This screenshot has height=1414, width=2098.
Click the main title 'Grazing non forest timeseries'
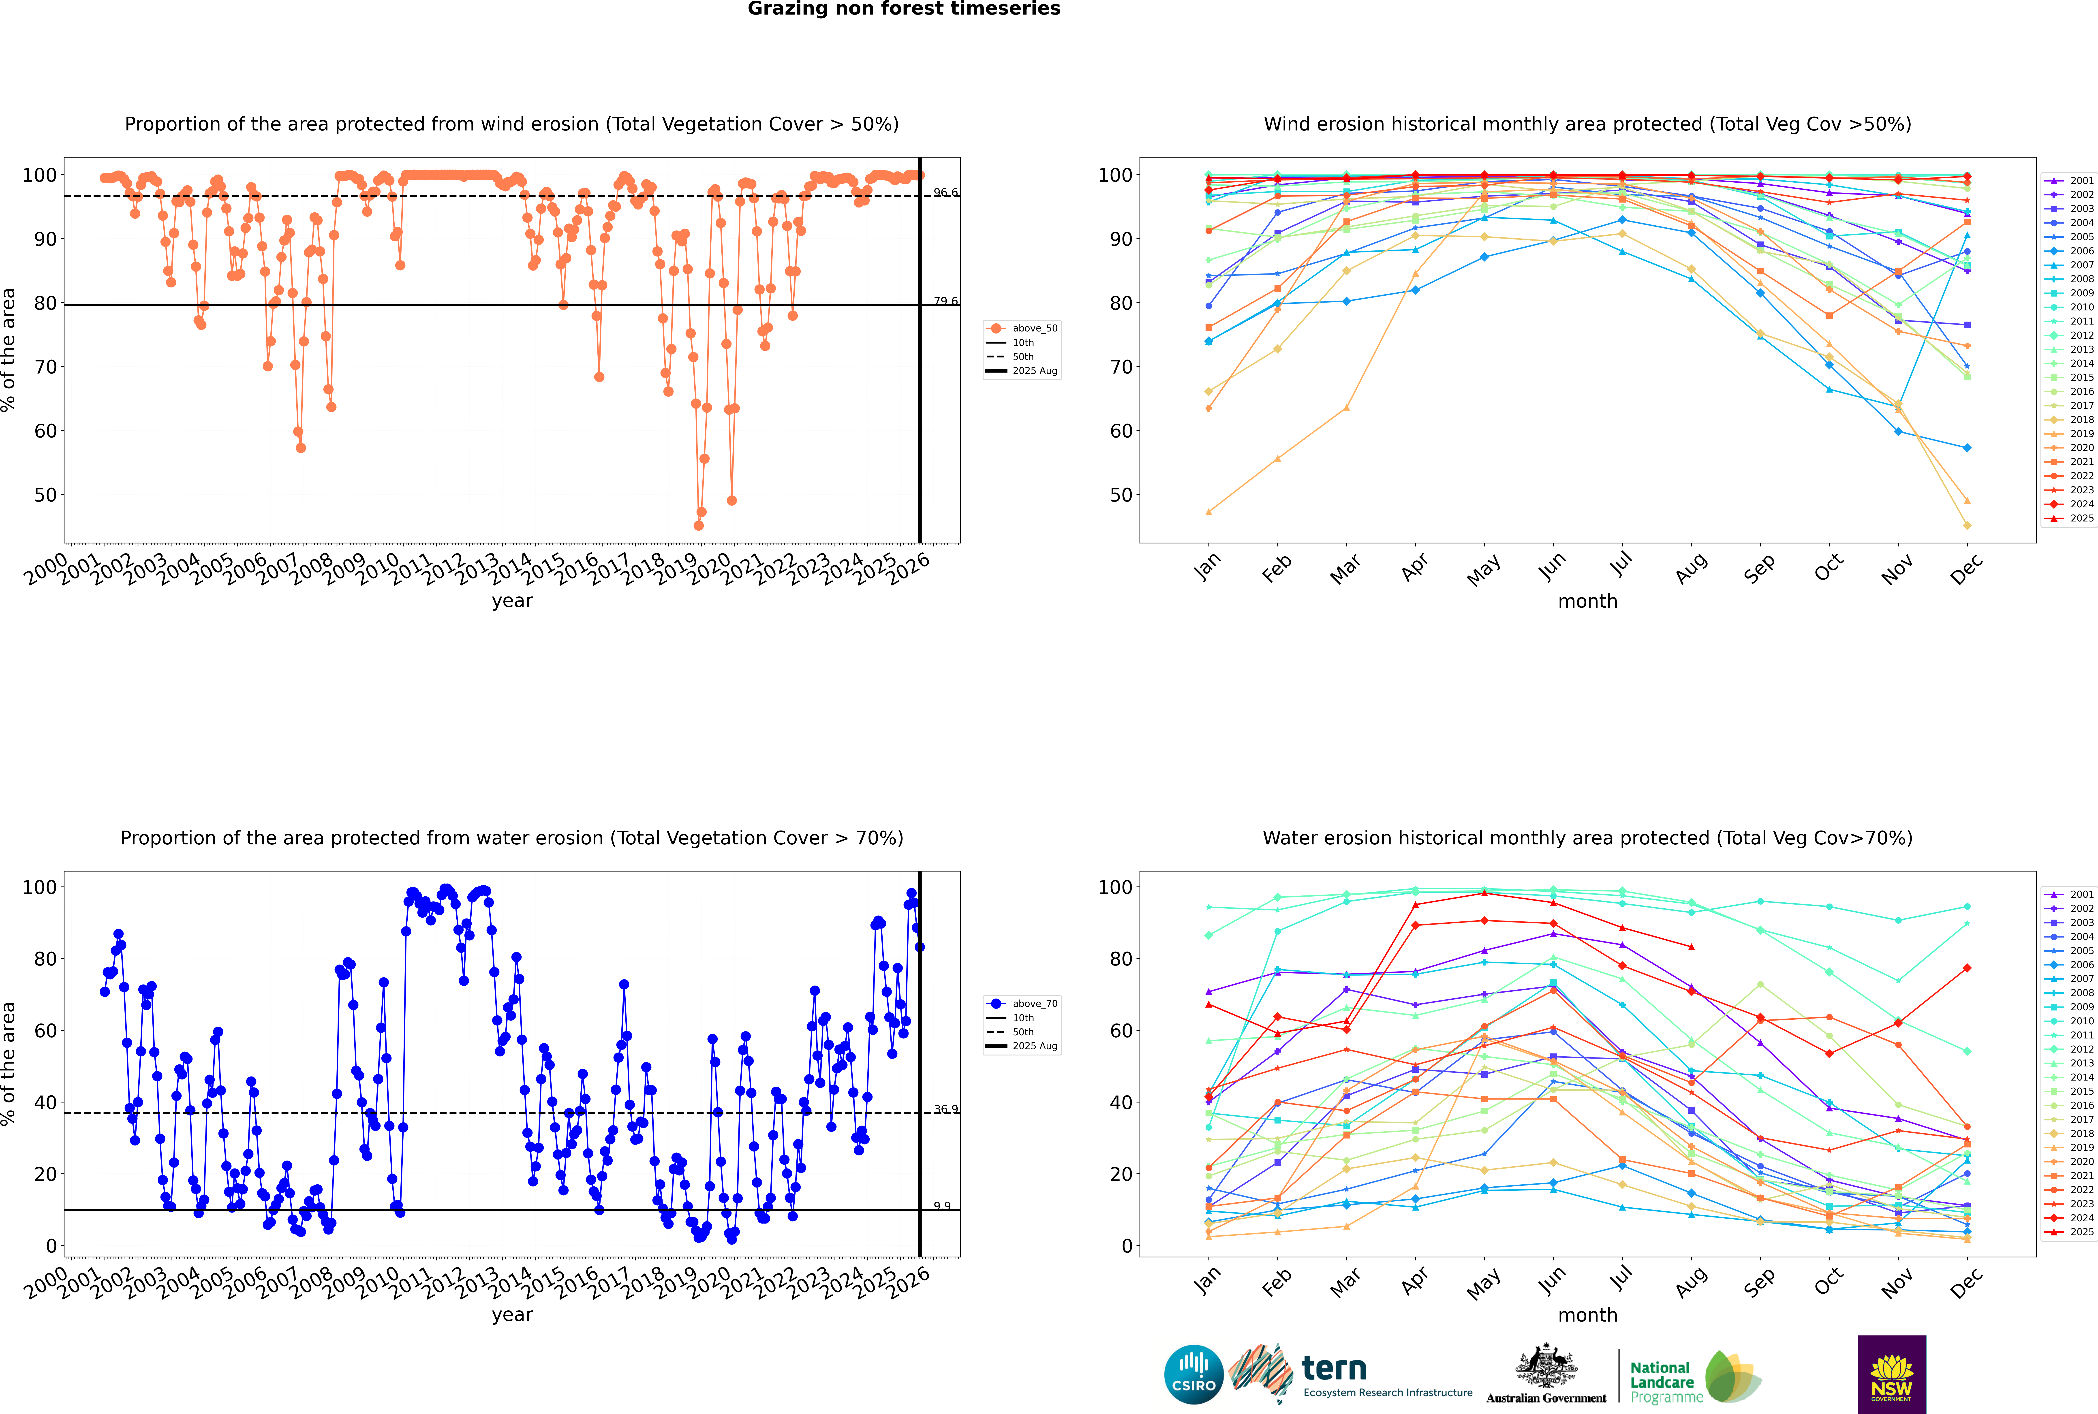[x=904, y=9]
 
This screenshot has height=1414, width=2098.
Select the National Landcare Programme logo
[x=1694, y=1377]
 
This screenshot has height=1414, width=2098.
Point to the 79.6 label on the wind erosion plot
[x=945, y=301]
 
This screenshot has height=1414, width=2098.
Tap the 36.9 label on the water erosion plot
[x=945, y=1109]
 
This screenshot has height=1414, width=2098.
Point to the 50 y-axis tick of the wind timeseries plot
[x=45, y=495]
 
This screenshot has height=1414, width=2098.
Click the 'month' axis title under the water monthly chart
[x=1587, y=1315]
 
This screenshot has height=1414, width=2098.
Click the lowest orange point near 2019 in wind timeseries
[x=698, y=526]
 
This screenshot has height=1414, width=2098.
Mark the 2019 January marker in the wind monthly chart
[x=1209, y=512]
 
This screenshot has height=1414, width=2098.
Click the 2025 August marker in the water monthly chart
[x=1691, y=947]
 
